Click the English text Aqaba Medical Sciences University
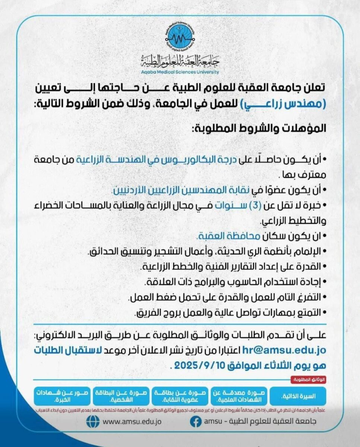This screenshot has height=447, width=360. (180, 72)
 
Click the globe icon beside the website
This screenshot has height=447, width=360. (93, 422)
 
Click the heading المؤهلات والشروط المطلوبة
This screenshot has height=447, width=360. (259, 129)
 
